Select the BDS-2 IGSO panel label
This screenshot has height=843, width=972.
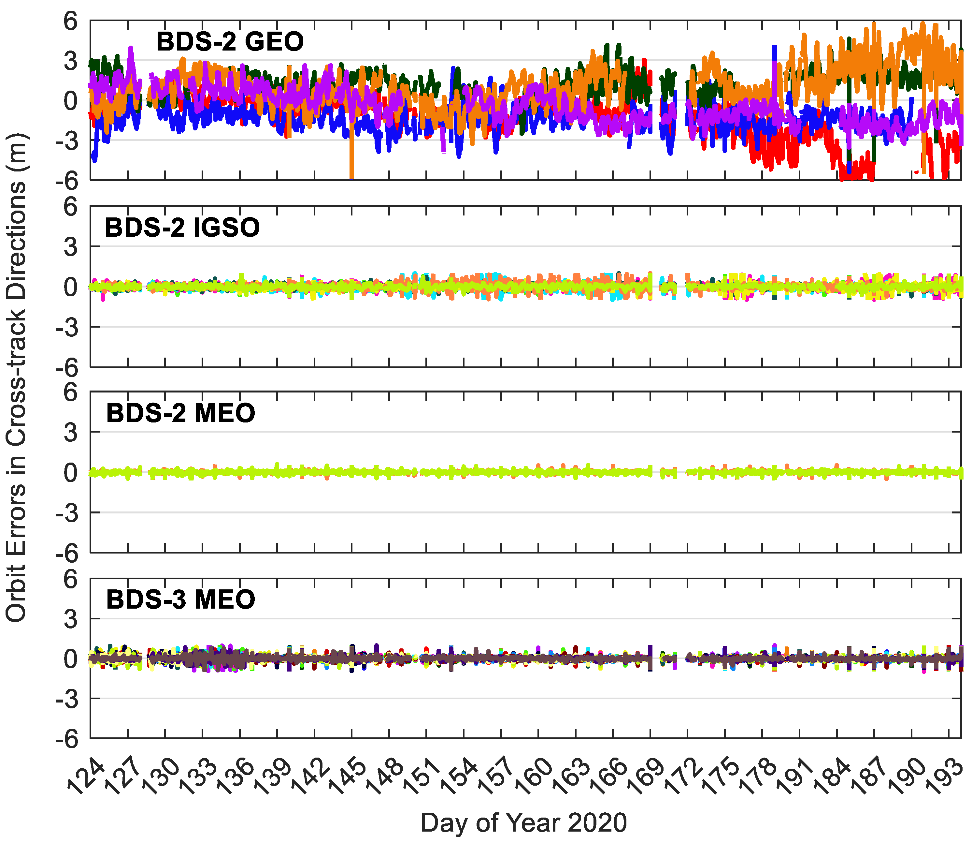[182, 228]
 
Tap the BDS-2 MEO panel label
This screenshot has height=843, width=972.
[180, 413]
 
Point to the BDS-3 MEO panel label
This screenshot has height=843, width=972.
[180, 599]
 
